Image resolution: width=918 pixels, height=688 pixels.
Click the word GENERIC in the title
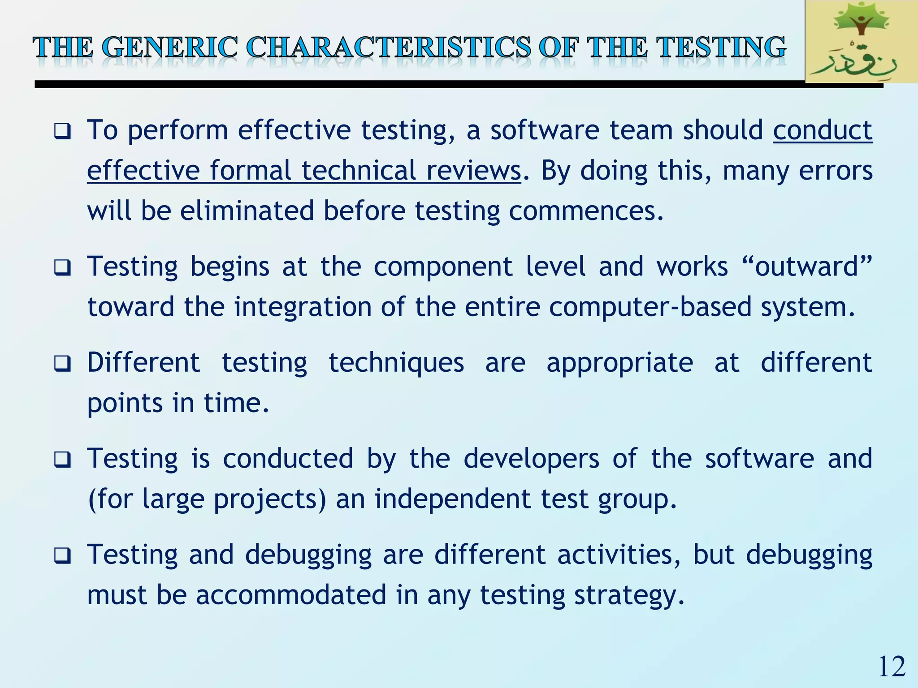pos(170,47)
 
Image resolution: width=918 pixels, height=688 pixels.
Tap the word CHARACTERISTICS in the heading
pos(388,47)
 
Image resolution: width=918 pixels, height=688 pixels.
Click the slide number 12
pos(892,666)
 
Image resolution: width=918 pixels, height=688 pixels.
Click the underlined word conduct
pos(823,130)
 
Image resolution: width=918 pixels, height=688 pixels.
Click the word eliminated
pos(247,211)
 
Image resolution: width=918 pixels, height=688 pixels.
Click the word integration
pos(303,307)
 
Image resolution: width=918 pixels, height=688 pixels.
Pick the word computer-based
pos(650,307)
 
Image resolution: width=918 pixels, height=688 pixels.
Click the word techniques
pos(396,362)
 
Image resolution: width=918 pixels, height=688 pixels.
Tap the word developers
pos(531,459)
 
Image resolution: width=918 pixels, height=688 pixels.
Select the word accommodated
pos(291,595)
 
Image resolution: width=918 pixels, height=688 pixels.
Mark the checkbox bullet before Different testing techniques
pos(62,363)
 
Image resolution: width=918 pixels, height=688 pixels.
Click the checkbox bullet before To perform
pos(62,132)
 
